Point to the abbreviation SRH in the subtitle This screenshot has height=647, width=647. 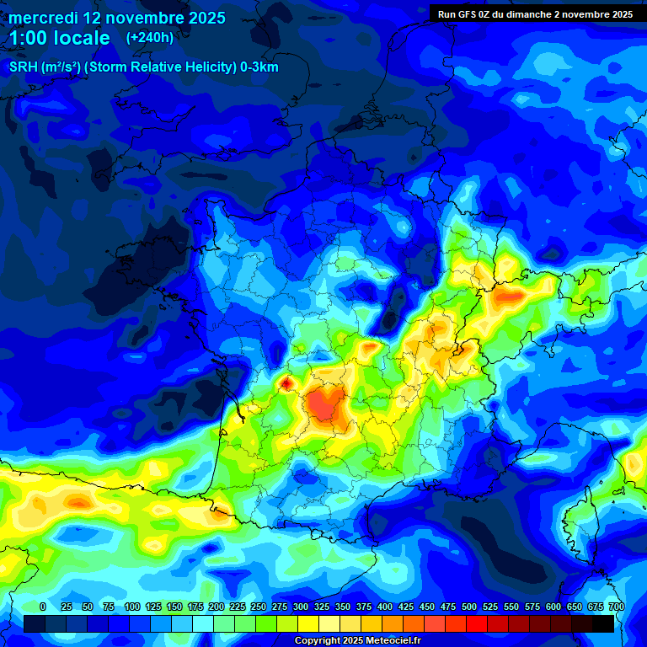coord(25,67)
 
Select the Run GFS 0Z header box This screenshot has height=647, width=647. coord(535,14)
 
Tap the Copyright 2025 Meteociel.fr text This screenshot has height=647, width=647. coord(357,641)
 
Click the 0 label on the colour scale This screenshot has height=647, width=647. coord(43,607)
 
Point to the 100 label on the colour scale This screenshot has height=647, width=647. coord(131,607)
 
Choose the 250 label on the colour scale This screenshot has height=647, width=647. coord(258,607)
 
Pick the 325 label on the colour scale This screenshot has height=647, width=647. coord(321,607)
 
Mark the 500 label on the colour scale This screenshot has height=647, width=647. coord(468,607)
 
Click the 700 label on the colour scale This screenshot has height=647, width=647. coord(616,607)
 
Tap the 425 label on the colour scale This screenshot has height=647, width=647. coord(405,607)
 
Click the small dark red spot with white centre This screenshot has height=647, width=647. coord(286,384)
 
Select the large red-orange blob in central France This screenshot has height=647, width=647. coord(324,403)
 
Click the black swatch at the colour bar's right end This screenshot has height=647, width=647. coord(602,623)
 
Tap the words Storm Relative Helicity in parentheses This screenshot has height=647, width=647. coord(162,67)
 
